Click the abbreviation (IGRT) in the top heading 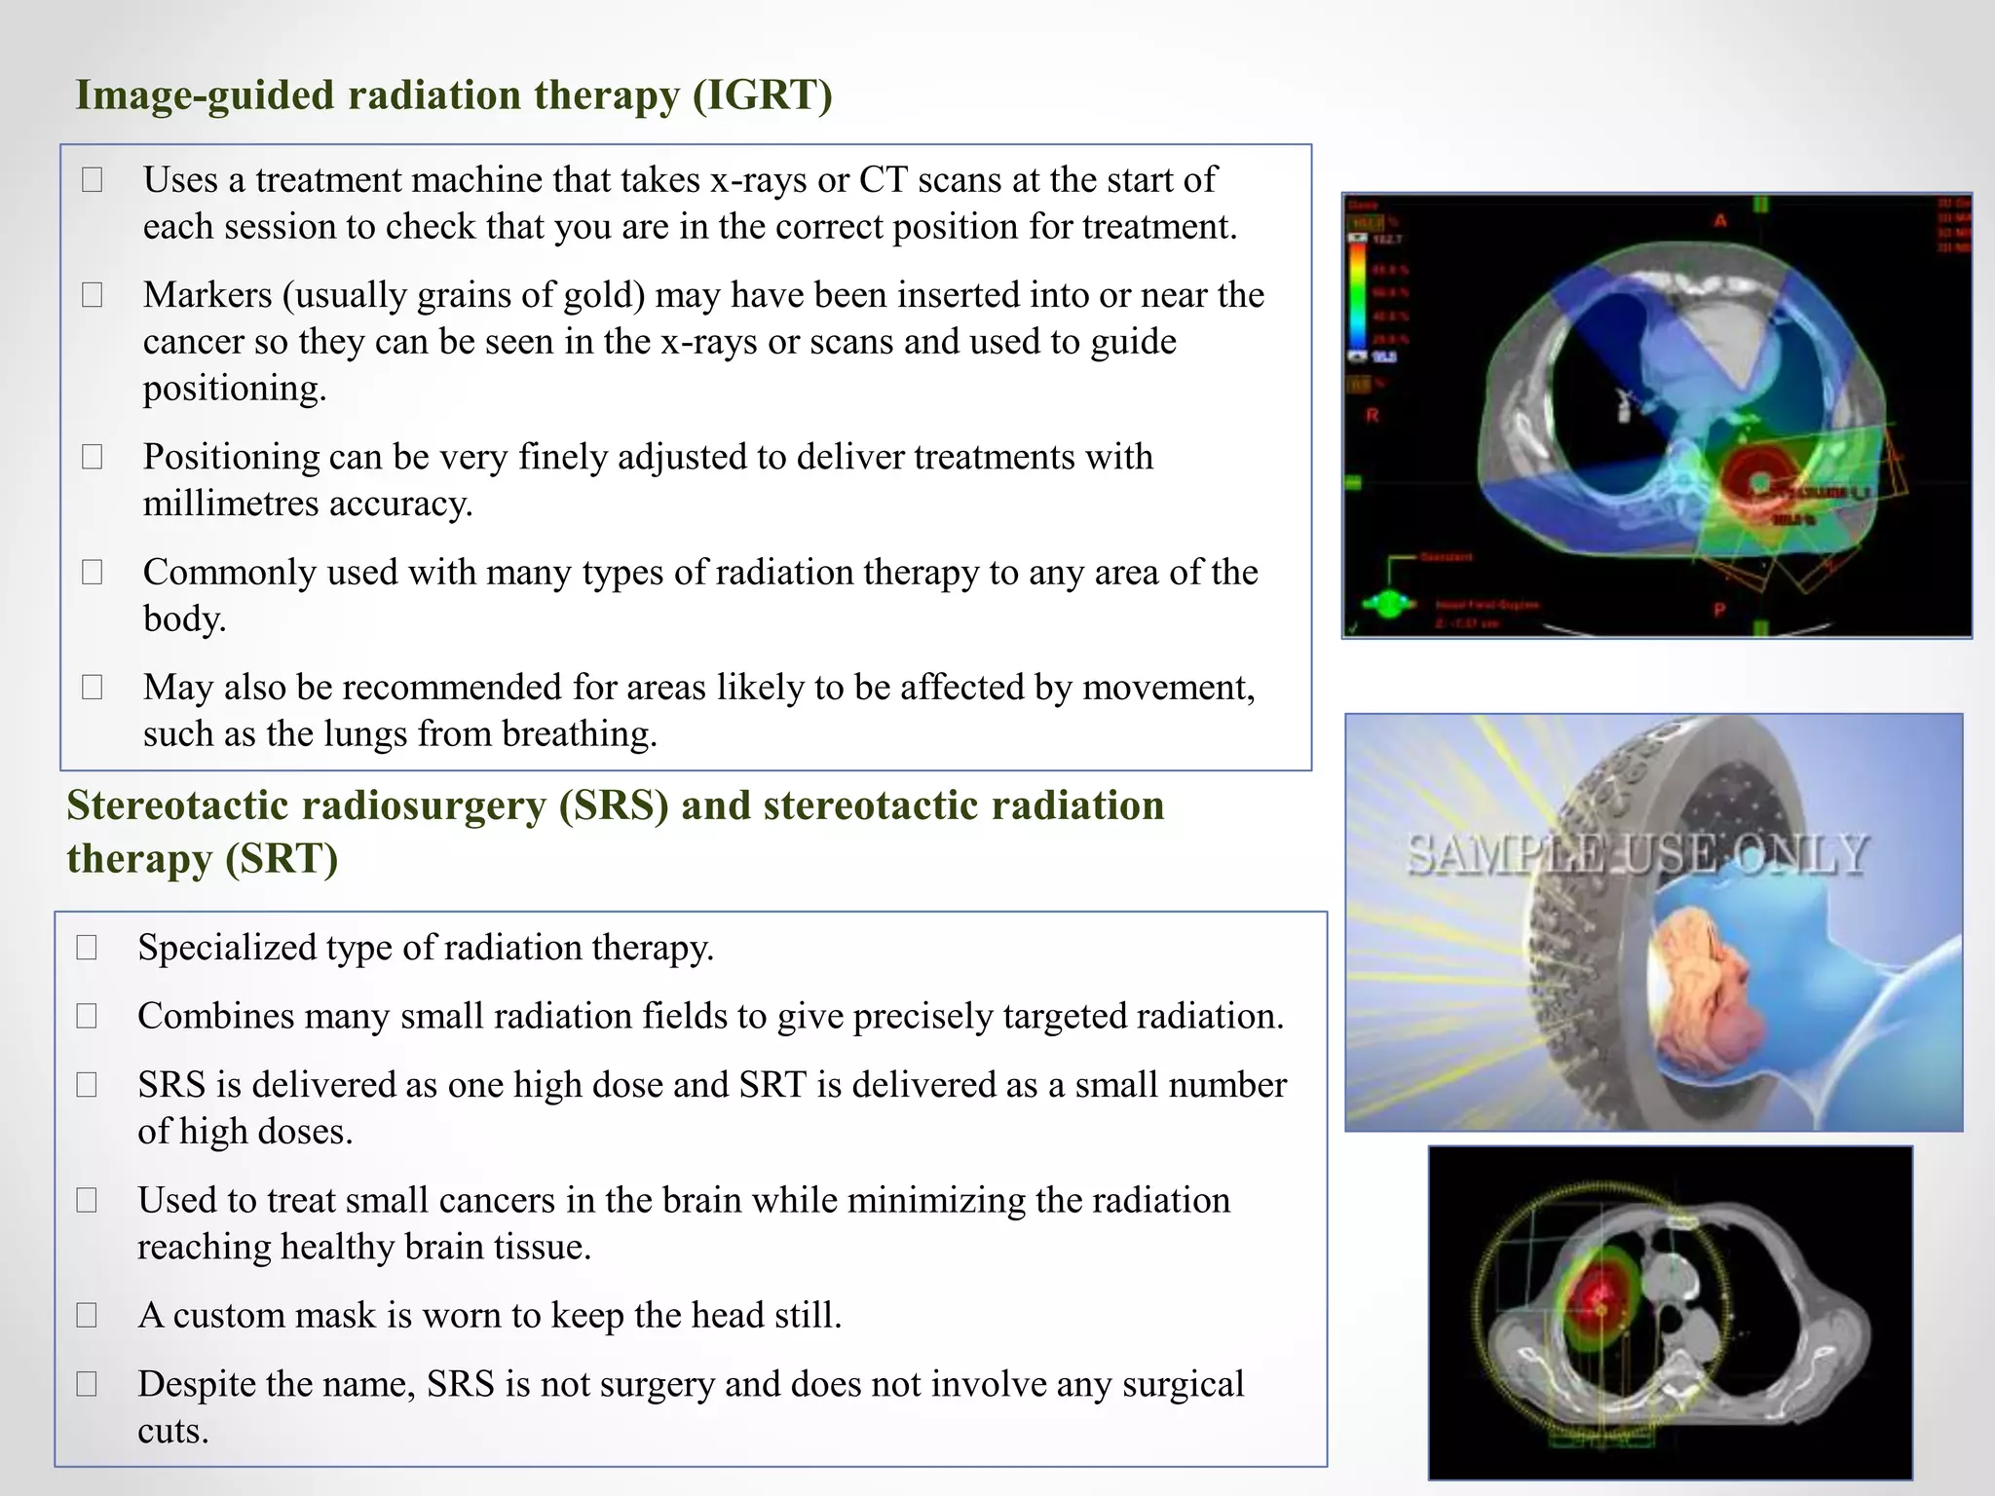(763, 95)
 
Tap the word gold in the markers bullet (604, 295)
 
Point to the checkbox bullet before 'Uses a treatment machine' (93, 180)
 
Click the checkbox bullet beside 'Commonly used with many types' (93, 573)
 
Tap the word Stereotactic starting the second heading (177, 806)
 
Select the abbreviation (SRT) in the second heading (282, 859)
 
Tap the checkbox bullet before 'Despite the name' (87, 1384)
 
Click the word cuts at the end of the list (172, 1431)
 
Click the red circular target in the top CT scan (1758, 481)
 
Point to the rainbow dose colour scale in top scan (1357, 292)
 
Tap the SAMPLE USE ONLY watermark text (1637, 855)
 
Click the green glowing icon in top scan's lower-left (1388, 605)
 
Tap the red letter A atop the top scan (1720, 221)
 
